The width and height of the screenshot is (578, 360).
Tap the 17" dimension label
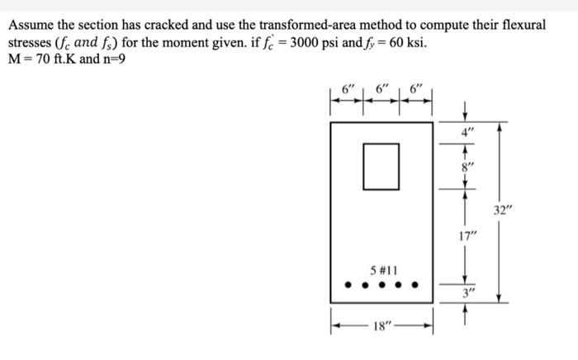[468, 238]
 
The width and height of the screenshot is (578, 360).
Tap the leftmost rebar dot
[348, 288]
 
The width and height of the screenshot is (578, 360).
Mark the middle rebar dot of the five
[382, 288]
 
